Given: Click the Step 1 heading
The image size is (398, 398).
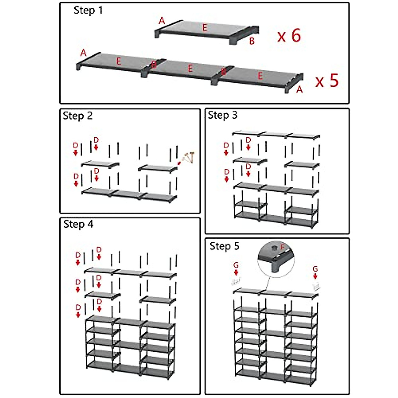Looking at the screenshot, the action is pos(88,10).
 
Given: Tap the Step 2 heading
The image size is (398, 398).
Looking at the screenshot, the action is pos(78,116).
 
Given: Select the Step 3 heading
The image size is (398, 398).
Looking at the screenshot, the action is pos(223,115).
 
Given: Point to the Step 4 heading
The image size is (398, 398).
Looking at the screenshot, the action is pos(78,224).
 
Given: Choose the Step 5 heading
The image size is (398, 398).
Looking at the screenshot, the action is pos(224,246).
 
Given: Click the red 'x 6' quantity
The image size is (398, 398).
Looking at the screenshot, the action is pos(289,35).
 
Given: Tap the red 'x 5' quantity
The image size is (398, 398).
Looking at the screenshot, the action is pos(327,81).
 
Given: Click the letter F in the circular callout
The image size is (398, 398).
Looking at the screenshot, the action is pos(282,247).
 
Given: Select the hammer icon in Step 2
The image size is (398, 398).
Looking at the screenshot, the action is pos(188,158).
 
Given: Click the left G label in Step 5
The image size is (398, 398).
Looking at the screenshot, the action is pos(236,265).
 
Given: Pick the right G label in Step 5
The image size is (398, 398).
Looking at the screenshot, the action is pos(315,269).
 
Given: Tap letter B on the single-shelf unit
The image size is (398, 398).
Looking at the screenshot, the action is pos(252,41).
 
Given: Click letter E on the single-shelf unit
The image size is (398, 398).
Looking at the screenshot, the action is pos(205,28).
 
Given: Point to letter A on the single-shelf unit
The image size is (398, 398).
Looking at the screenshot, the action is pos(162,21).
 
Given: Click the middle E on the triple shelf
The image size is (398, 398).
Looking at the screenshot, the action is pos(190,68).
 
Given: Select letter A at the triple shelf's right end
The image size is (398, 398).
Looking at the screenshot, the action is pos(299,89).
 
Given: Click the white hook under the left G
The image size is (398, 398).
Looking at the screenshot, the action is pos(236,282).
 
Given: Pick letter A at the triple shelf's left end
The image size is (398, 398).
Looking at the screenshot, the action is pos(83,53).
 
